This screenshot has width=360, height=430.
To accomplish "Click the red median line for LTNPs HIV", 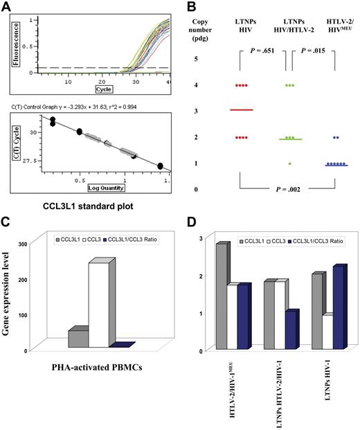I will coord(242,110).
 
